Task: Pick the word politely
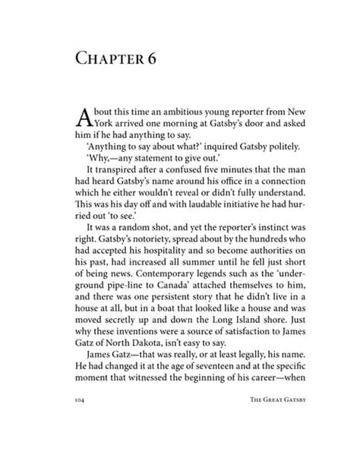(x=270, y=146)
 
